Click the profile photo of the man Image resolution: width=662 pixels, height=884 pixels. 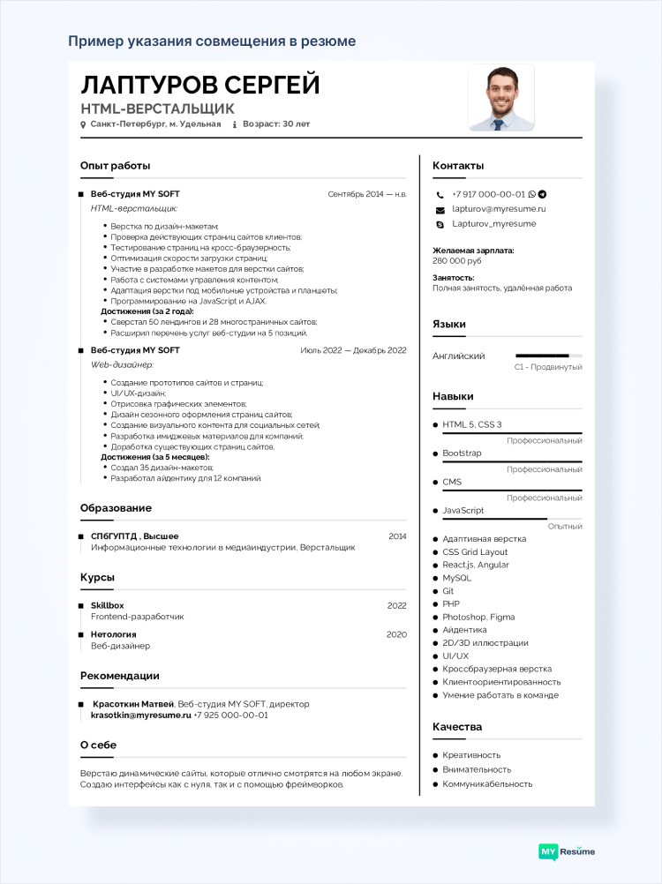pyautogui.click(x=500, y=97)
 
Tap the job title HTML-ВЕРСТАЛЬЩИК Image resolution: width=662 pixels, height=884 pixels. pyautogui.click(x=157, y=109)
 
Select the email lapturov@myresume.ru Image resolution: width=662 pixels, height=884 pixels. pyautogui.click(x=499, y=209)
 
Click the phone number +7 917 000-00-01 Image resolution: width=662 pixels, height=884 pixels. pyautogui.click(x=488, y=194)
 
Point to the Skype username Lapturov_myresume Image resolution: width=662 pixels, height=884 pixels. pyautogui.click(x=493, y=224)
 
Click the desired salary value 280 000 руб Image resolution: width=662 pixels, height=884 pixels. pyautogui.click(x=456, y=261)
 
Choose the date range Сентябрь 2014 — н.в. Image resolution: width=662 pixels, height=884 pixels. pyautogui.click(x=366, y=193)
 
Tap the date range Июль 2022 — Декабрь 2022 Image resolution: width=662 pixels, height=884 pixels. pyautogui.click(x=353, y=350)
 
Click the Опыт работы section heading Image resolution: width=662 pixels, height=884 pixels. pyautogui.click(x=115, y=165)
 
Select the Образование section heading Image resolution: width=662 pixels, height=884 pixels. pyautogui.click(x=116, y=508)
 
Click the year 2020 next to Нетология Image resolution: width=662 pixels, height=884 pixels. pyautogui.click(x=396, y=634)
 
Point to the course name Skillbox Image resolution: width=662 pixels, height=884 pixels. pyautogui.click(x=107, y=605)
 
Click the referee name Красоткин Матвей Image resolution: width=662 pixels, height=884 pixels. pyautogui.click(x=133, y=704)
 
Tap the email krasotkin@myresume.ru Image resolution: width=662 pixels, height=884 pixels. pyautogui.click(x=140, y=715)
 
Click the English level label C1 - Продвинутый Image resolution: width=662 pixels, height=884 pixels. pyautogui.click(x=548, y=367)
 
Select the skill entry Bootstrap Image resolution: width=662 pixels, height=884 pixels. pyautogui.click(x=462, y=453)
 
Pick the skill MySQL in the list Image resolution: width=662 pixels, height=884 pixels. pyautogui.click(x=456, y=578)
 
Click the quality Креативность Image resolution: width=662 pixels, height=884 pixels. pyautogui.click(x=471, y=755)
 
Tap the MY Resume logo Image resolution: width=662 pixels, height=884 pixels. pyautogui.click(x=567, y=851)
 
